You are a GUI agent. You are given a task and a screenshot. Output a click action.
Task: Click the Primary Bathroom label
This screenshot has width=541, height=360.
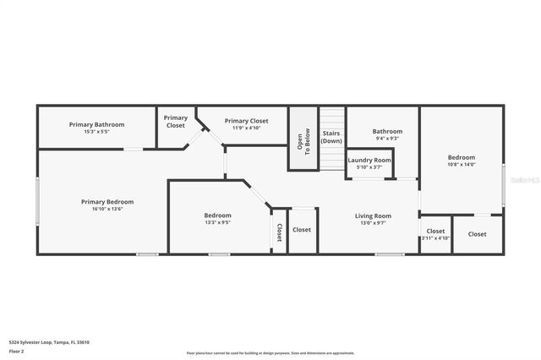click(96, 124)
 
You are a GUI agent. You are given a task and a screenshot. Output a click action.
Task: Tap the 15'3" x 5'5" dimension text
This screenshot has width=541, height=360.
click(96, 132)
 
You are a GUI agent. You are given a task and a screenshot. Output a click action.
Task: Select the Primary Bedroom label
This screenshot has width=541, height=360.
click(107, 201)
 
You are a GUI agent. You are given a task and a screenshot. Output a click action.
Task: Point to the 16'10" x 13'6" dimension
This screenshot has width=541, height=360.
click(107, 209)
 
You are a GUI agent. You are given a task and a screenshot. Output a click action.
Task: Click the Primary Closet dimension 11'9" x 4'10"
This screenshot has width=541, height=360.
click(247, 128)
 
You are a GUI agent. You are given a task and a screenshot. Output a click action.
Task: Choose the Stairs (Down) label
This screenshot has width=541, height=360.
click(331, 137)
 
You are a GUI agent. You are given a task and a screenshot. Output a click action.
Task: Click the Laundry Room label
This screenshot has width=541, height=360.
click(369, 160)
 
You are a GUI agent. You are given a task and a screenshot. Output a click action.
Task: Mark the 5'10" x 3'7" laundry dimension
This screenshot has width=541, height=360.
click(369, 167)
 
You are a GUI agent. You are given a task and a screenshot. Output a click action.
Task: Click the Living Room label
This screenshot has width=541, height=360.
click(373, 215)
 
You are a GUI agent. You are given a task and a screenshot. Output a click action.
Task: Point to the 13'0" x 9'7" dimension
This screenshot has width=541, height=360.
click(373, 223)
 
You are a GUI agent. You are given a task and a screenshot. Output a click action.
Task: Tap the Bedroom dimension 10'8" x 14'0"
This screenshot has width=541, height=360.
click(462, 165)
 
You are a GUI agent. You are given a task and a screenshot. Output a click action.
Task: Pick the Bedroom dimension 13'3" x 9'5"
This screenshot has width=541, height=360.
click(217, 223)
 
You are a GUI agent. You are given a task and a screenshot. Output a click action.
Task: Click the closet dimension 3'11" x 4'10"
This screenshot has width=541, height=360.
click(435, 238)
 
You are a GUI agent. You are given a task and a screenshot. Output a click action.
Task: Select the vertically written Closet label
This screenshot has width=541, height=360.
click(279, 232)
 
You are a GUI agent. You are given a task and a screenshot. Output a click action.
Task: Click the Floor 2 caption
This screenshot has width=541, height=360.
click(17, 351)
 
